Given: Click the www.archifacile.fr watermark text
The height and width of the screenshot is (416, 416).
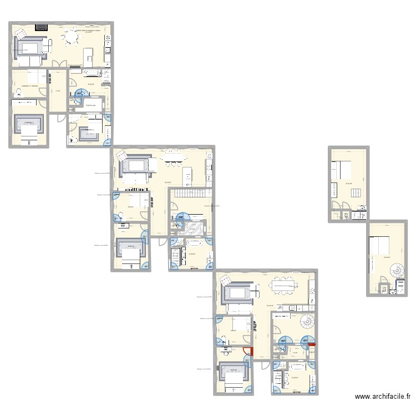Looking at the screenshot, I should [383, 397].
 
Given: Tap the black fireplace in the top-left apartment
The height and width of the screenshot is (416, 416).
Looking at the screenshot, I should [41, 26].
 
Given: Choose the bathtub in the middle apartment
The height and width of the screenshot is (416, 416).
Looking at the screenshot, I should [195, 243].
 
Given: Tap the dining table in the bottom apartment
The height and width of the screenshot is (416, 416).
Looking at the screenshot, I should [283, 285].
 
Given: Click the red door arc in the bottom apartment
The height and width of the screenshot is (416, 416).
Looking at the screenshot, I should [251, 351].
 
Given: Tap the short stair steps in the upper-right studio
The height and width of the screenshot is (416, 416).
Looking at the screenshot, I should [356, 194].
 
